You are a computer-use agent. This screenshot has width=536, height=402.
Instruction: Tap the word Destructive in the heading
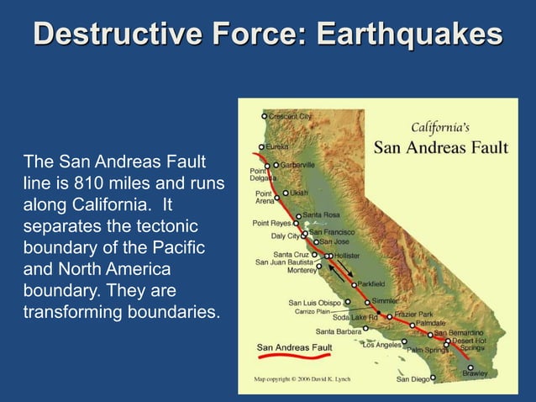(110, 34)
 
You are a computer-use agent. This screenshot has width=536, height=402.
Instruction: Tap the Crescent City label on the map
(291, 115)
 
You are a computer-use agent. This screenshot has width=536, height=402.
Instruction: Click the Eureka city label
(277, 146)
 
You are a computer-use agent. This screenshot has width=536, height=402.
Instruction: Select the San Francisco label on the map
(332, 231)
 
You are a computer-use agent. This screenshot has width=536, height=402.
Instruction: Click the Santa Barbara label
(337, 331)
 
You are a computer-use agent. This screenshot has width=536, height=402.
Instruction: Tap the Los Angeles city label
(381, 344)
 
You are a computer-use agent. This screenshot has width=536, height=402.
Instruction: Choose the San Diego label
(413, 379)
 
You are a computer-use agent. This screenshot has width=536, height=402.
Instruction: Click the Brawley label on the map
(475, 373)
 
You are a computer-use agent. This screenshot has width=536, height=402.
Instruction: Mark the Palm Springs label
(428, 349)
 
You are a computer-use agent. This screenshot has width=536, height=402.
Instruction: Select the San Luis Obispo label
(314, 302)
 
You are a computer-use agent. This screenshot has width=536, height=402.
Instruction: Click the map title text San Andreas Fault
(440, 148)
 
